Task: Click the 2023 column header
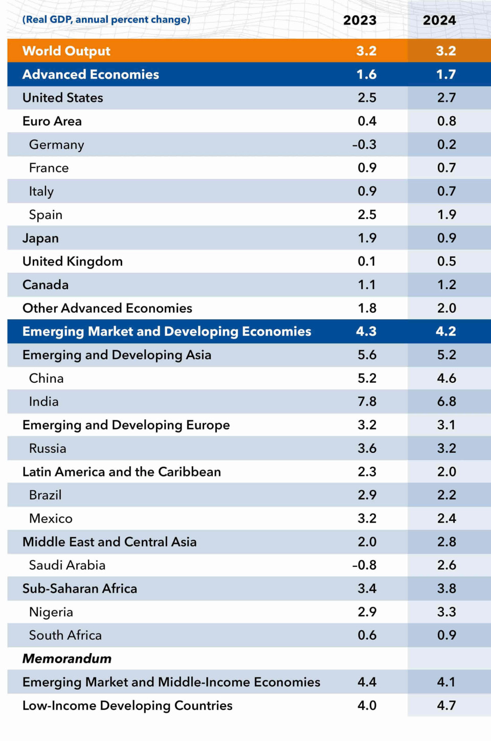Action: tap(360, 20)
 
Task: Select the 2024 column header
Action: tap(439, 20)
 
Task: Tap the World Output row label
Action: tap(66, 51)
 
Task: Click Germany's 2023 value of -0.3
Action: tap(364, 145)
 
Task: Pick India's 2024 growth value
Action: tap(447, 402)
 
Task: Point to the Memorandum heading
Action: tap(67, 659)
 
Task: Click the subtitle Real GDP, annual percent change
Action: tap(106, 20)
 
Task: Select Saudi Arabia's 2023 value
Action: tap(364, 565)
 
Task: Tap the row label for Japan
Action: tap(40, 238)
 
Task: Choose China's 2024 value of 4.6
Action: tap(447, 379)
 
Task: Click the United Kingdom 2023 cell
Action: tap(367, 261)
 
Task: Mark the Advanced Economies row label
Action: tap(91, 75)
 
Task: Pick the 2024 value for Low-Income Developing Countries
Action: tap(447, 706)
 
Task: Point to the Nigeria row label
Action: tap(51, 612)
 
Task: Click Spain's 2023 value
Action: tap(367, 215)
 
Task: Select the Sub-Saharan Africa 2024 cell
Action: tap(447, 589)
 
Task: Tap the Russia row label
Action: tap(48, 449)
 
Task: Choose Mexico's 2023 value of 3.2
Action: tap(367, 519)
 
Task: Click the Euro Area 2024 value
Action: tap(447, 121)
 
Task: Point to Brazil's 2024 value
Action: tap(447, 495)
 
